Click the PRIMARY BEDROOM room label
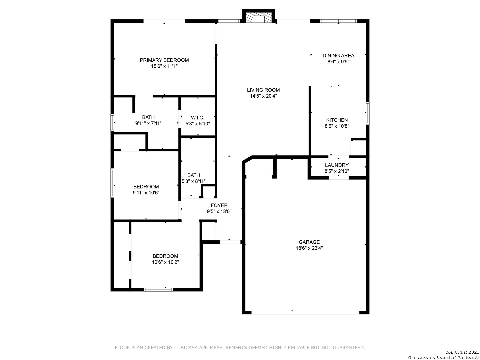click(x=164, y=60)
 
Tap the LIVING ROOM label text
click(x=263, y=90)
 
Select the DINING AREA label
click(x=338, y=56)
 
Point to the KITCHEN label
click(x=337, y=120)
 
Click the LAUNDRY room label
click(x=337, y=165)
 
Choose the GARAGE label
click(x=309, y=242)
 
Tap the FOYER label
click(x=219, y=205)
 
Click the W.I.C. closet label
click(x=198, y=118)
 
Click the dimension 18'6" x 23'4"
click(x=309, y=248)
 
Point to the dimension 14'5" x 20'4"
click(x=263, y=96)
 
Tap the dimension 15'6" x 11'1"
click(x=164, y=66)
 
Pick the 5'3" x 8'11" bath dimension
click(x=194, y=181)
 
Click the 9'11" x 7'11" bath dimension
click(x=148, y=123)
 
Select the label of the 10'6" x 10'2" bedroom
click(x=165, y=256)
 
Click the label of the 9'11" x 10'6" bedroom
click(x=146, y=186)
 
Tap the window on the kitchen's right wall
click(x=368, y=113)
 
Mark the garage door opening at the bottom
click(x=305, y=312)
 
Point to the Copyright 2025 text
click(x=462, y=352)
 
